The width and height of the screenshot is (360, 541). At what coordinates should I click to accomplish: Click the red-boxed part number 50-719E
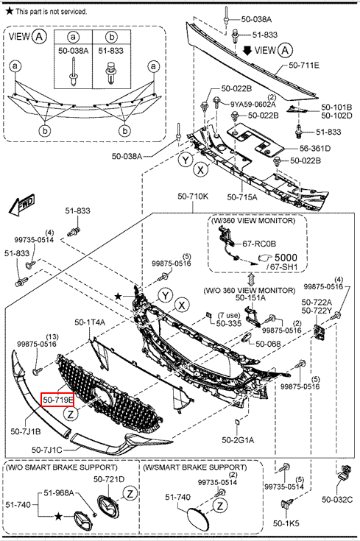[57, 400]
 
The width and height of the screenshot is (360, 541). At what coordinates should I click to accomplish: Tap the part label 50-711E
[304, 65]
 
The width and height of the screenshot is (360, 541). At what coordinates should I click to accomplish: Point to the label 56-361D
[315, 149]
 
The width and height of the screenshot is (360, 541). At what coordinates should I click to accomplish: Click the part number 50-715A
[242, 197]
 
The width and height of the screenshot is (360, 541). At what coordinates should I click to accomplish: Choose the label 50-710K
[193, 196]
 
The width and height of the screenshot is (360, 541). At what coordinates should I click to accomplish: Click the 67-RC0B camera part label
[259, 244]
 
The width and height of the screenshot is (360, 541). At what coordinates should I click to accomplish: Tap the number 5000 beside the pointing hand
[286, 258]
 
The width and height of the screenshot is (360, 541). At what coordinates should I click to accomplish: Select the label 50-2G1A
[238, 440]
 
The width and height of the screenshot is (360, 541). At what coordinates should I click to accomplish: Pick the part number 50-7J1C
[47, 450]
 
